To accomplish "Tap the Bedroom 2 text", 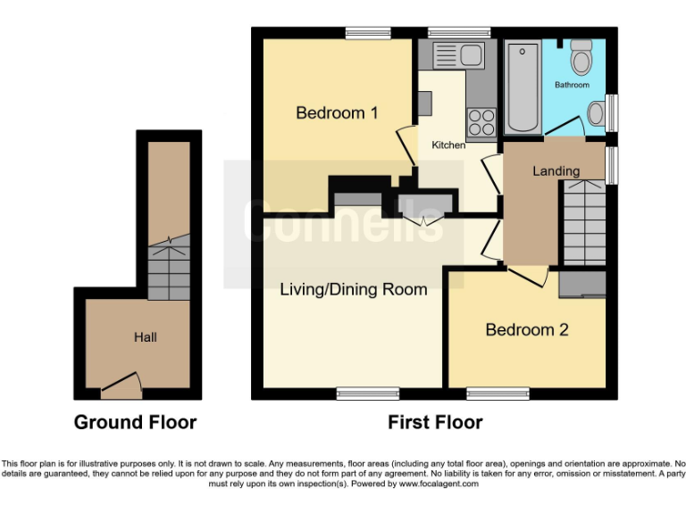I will (526, 329).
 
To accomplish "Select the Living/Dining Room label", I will (353, 289).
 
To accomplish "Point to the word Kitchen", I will (448, 145).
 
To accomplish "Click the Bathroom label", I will (572, 85).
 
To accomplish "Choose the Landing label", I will (556, 170).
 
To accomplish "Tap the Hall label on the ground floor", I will (146, 337).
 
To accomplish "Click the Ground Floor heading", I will (135, 422).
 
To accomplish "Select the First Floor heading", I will (435, 422).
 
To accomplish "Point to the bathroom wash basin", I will (597, 112).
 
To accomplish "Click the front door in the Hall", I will (121, 385).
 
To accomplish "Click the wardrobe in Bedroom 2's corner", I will (582, 284).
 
